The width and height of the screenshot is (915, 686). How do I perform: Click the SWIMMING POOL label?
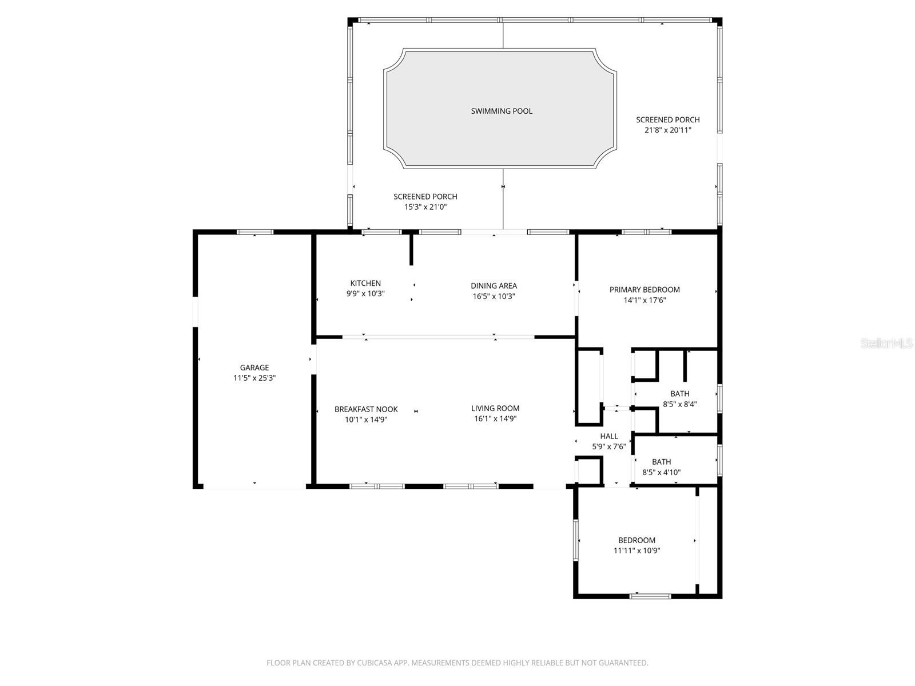click(502, 111)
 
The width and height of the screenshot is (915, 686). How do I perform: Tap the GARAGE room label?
click(254, 368)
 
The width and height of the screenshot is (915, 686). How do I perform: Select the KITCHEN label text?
click(365, 283)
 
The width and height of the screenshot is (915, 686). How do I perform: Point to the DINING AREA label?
click(494, 286)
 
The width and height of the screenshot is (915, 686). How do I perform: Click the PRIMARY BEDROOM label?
click(645, 289)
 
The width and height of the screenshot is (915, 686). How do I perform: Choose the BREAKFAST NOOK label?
click(366, 409)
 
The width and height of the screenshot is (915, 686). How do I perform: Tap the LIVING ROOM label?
click(495, 408)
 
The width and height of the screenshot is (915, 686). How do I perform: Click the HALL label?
click(608, 436)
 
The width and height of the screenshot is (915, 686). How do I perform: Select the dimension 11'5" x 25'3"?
click(254, 378)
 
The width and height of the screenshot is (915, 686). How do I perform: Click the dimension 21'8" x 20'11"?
click(668, 130)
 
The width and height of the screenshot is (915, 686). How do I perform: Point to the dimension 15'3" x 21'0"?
click(425, 207)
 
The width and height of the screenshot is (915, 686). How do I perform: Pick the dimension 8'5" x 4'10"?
click(662, 472)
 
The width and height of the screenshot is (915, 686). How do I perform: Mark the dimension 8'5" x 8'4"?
click(679, 404)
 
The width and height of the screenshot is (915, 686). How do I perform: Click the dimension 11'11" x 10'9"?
click(636, 551)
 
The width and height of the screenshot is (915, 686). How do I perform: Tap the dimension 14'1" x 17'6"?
click(645, 300)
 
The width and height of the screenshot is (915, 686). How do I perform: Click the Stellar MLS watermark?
click(886, 344)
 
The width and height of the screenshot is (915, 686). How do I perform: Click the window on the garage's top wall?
click(255, 232)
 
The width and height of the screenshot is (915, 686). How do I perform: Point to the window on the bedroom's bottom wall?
click(650, 596)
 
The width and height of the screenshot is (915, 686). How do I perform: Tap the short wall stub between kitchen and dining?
click(411, 249)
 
